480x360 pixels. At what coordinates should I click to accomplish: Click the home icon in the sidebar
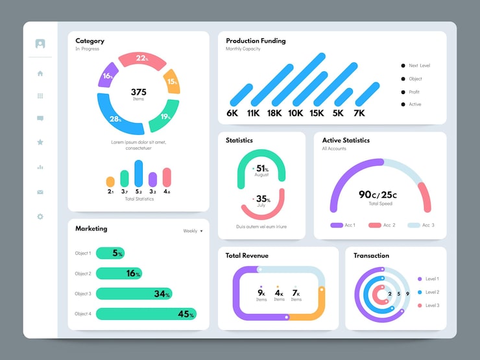(40, 73)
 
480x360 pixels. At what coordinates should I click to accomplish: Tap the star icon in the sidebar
(40, 141)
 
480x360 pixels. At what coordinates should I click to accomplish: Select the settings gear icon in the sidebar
(40, 216)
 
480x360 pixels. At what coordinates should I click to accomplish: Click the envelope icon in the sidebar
(40, 192)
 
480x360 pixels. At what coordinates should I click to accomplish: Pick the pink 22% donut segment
(141, 58)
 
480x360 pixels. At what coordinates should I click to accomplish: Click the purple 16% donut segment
(108, 76)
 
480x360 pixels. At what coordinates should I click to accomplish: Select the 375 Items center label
(138, 94)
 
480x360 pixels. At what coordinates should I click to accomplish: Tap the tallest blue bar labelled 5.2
(138, 174)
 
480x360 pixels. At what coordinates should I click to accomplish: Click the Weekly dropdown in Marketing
(193, 231)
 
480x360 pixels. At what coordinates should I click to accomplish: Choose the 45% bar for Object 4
(146, 314)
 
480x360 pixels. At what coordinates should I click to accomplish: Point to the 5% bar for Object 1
(110, 253)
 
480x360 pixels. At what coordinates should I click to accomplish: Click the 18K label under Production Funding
(274, 113)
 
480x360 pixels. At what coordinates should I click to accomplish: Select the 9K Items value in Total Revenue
(261, 294)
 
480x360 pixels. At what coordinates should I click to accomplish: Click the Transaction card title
(371, 256)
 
